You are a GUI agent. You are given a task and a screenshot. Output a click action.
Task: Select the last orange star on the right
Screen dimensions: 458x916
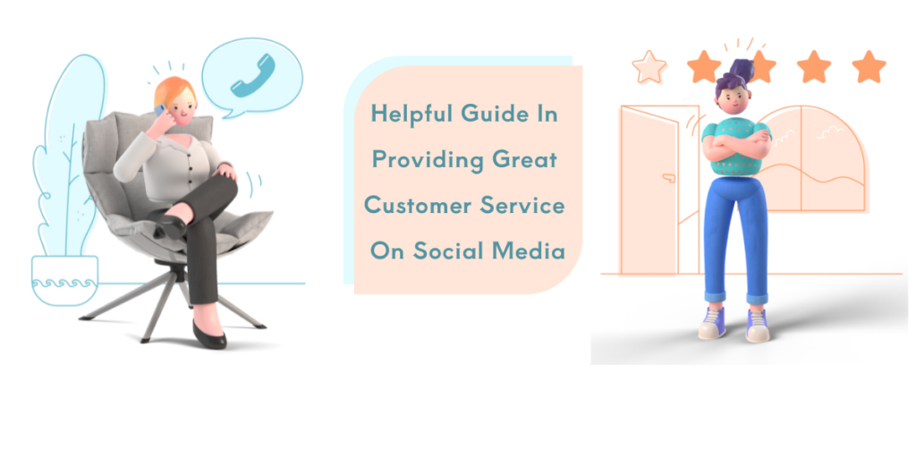tap(869, 66)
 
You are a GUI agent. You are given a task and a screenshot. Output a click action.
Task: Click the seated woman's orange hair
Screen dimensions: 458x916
tap(170, 89)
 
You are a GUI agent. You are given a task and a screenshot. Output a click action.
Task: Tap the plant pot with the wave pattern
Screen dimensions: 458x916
tap(64, 280)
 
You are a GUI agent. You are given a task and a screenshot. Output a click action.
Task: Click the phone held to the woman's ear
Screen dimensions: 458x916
tap(160, 110)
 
